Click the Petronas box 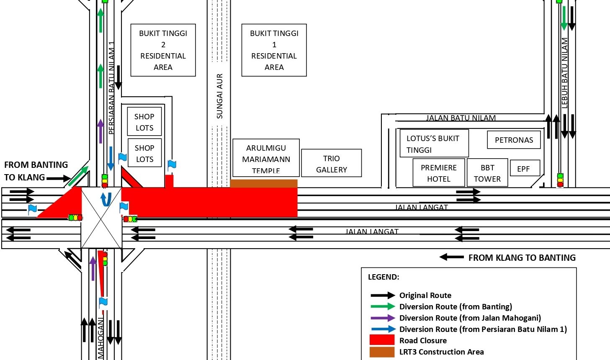click(x=514, y=140)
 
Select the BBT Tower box click(x=487, y=173)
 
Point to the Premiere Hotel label click(x=439, y=173)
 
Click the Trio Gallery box click(x=331, y=164)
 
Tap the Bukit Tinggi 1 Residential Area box click(x=274, y=50)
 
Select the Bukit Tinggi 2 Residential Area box click(x=163, y=50)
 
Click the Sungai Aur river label click(x=219, y=96)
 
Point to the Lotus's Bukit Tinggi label click(x=433, y=144)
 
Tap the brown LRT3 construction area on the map click(x=264, y=183)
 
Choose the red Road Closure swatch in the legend click(x=382, y=340)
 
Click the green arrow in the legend click(x=383, y=306)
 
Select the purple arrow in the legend click(x=383, y=318)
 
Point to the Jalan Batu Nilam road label click(x=461, y=118)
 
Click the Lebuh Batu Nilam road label click(x=564, y=73)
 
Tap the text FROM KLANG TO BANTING click(x=522, y=257)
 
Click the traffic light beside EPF click(x=560, y=180)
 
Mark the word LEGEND click(x=384, y=277)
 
